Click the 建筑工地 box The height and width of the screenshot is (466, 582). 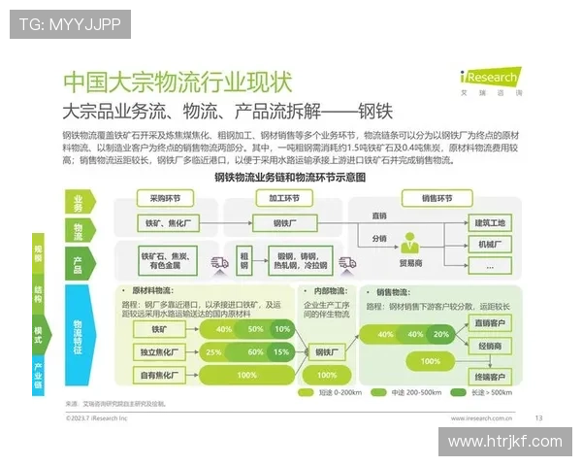486,223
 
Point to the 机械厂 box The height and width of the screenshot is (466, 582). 486,245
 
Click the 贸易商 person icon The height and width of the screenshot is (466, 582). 411,248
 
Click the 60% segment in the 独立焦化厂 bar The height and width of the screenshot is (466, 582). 255,350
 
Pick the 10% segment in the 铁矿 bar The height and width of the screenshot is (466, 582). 282,329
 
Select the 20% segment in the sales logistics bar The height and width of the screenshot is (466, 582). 441,334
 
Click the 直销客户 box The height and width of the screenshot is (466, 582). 486,323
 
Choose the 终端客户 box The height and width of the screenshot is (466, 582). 486,377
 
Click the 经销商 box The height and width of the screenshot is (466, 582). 486,347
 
